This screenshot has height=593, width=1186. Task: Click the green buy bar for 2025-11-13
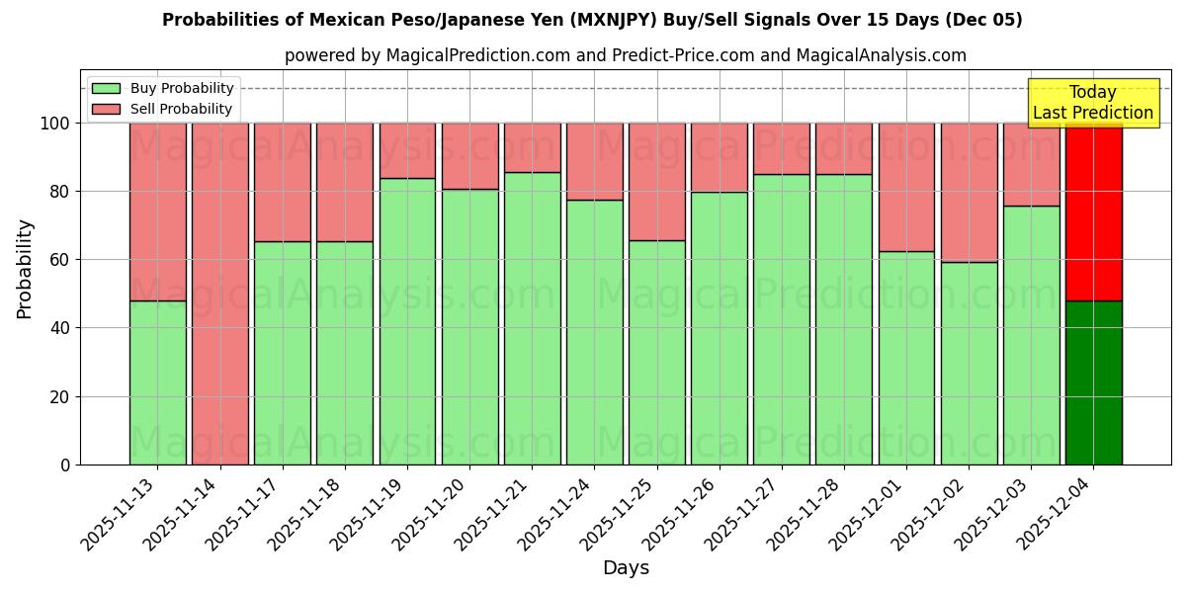click(157, 382)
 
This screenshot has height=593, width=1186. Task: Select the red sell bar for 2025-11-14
click(219, 294)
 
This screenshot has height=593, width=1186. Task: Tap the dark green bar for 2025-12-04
click(1093, 382)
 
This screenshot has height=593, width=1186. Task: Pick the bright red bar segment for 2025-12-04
click(1093, 212)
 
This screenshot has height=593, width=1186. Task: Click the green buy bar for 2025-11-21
click(532, 318)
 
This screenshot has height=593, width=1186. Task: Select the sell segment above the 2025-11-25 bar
click(656, 182)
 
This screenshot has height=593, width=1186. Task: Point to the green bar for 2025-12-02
click(969, 363)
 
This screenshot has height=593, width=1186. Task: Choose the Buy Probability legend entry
click(163, 88)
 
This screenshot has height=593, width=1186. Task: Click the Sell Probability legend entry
click(163, 109)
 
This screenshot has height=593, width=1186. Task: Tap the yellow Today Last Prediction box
click(1092, 103)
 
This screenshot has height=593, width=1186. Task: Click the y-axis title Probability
click(25, 268)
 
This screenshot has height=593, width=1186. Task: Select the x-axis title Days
click(626, 568)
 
